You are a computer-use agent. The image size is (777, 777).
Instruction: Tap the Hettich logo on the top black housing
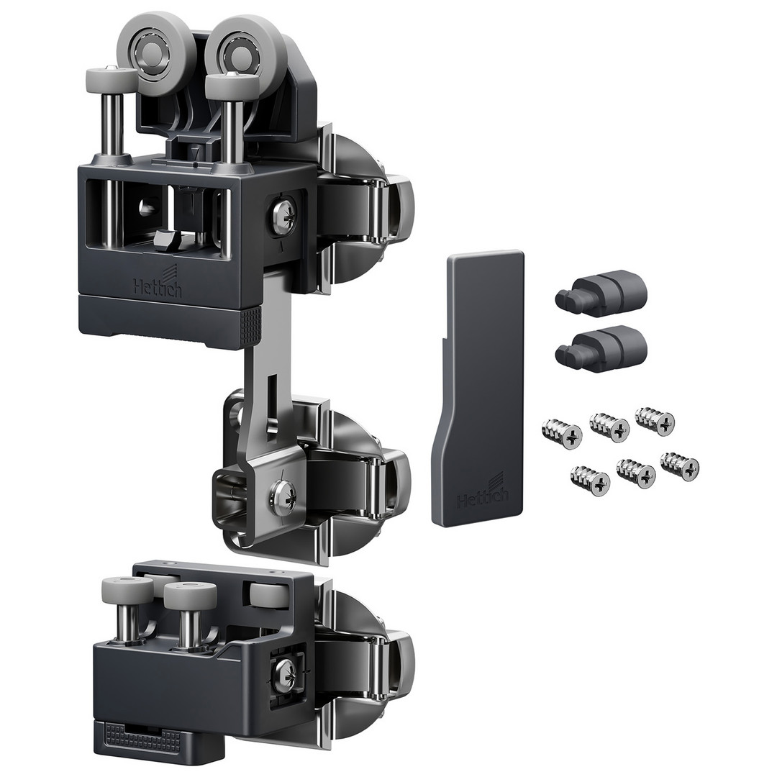tap(157, 283)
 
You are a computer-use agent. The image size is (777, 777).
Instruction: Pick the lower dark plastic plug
tap(601, 349)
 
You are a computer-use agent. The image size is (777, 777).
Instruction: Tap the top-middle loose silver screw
tap(609, 427)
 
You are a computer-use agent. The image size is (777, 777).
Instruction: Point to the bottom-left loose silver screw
tap(590, 481)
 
